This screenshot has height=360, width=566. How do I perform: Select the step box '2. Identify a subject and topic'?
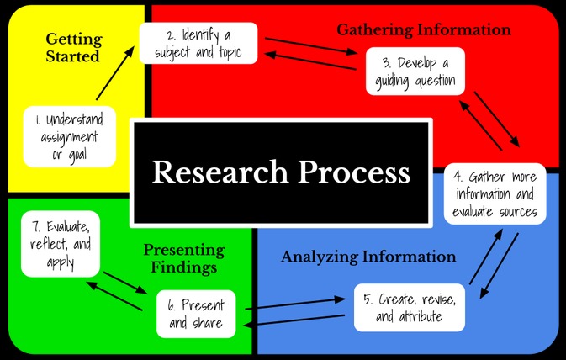198,43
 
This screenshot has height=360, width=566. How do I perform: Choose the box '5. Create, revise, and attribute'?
409,309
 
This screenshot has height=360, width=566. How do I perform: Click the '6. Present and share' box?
196,312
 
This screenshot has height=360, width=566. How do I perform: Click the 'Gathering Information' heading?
424,30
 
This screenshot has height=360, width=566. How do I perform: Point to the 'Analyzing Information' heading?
368,257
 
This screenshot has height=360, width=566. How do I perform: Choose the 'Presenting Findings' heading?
184,258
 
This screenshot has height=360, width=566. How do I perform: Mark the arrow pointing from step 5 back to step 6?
294,320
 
